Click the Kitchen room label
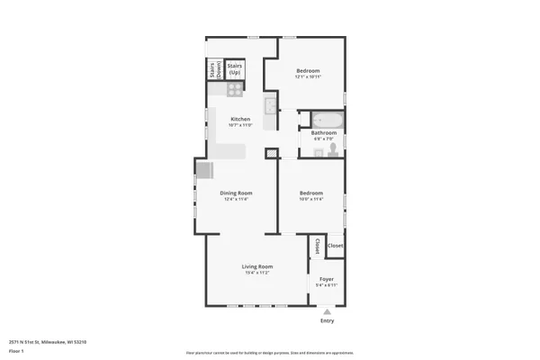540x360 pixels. tap(239, 120)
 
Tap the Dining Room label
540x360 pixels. tap(236, 193)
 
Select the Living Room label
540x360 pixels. tap(256, 267)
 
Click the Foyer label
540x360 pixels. tap(327, 279)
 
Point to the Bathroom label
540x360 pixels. tap(324, 133)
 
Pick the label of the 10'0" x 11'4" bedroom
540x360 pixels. tap(311, 193)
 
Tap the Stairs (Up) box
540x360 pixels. tap(235, 68)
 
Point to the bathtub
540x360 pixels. tap(324, 119)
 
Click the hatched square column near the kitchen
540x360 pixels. tap(270, 154)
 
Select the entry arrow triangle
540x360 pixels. tap(327, 310)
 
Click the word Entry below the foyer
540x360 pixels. tap(327, 320)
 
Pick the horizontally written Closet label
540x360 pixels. tap(335, 246)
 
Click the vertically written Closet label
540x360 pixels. tap(317, 246)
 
